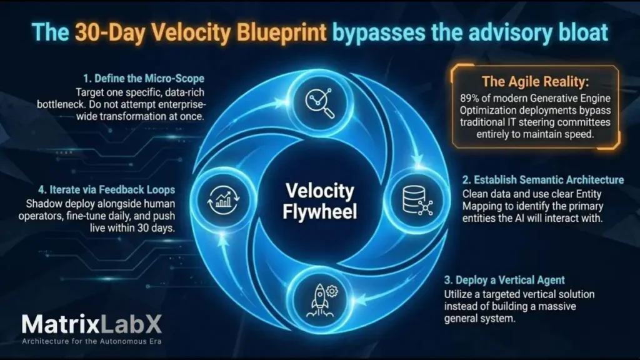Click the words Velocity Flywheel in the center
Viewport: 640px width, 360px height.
click(320, 201)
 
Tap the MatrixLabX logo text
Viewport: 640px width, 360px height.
click(91, 324)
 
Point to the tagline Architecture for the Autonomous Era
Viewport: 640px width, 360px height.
click(91, 342)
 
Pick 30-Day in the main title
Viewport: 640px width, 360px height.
click(110, 32)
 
